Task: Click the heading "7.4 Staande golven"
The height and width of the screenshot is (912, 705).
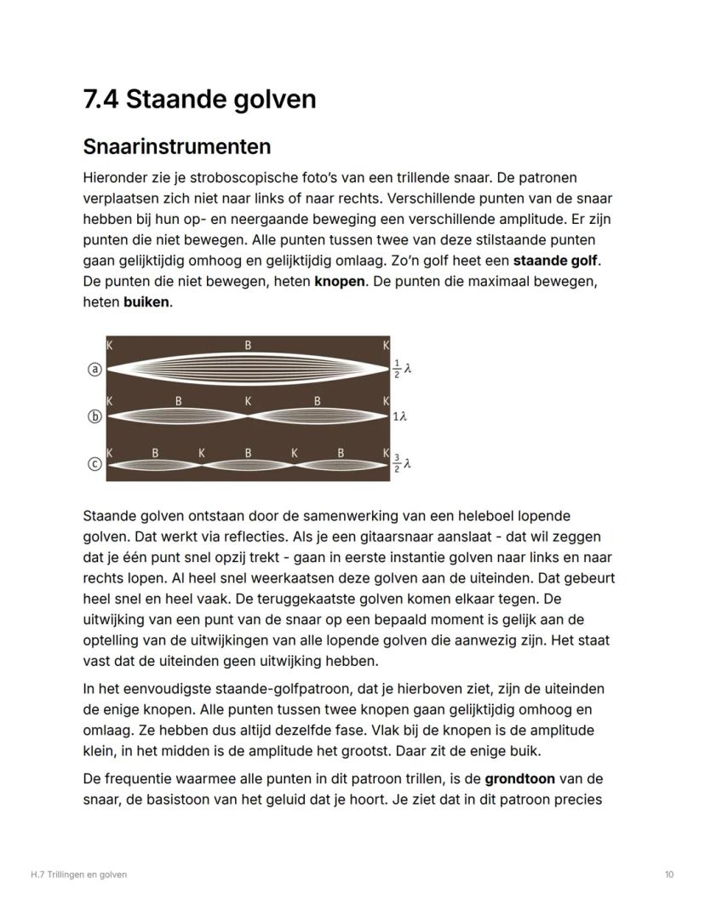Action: click(199, 99)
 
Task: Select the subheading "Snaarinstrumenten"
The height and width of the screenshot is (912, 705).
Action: click(177, 146)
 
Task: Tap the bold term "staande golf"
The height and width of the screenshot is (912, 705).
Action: click(554, 260)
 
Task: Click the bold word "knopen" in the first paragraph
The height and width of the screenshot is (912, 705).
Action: click(340, 281)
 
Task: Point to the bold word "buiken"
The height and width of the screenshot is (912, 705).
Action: click(146, 301)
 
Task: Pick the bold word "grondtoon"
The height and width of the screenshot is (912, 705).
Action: click(519, 778)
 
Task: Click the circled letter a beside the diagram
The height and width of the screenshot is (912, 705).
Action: click(95, 369)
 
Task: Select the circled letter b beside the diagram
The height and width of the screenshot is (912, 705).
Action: click(95, 416)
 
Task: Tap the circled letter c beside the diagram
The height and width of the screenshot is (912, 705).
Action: click(95, 464)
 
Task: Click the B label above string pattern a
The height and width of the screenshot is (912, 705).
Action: click(248, 346)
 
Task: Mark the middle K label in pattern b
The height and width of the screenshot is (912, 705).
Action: click(248, 400)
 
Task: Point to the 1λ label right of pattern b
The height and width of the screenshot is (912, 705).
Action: click(400, 416)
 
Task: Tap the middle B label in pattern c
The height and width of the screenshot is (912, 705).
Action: click(248, 453)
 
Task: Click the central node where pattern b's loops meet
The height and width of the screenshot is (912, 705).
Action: click(248, 416)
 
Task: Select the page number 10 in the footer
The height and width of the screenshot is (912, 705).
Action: click(669, 875)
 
